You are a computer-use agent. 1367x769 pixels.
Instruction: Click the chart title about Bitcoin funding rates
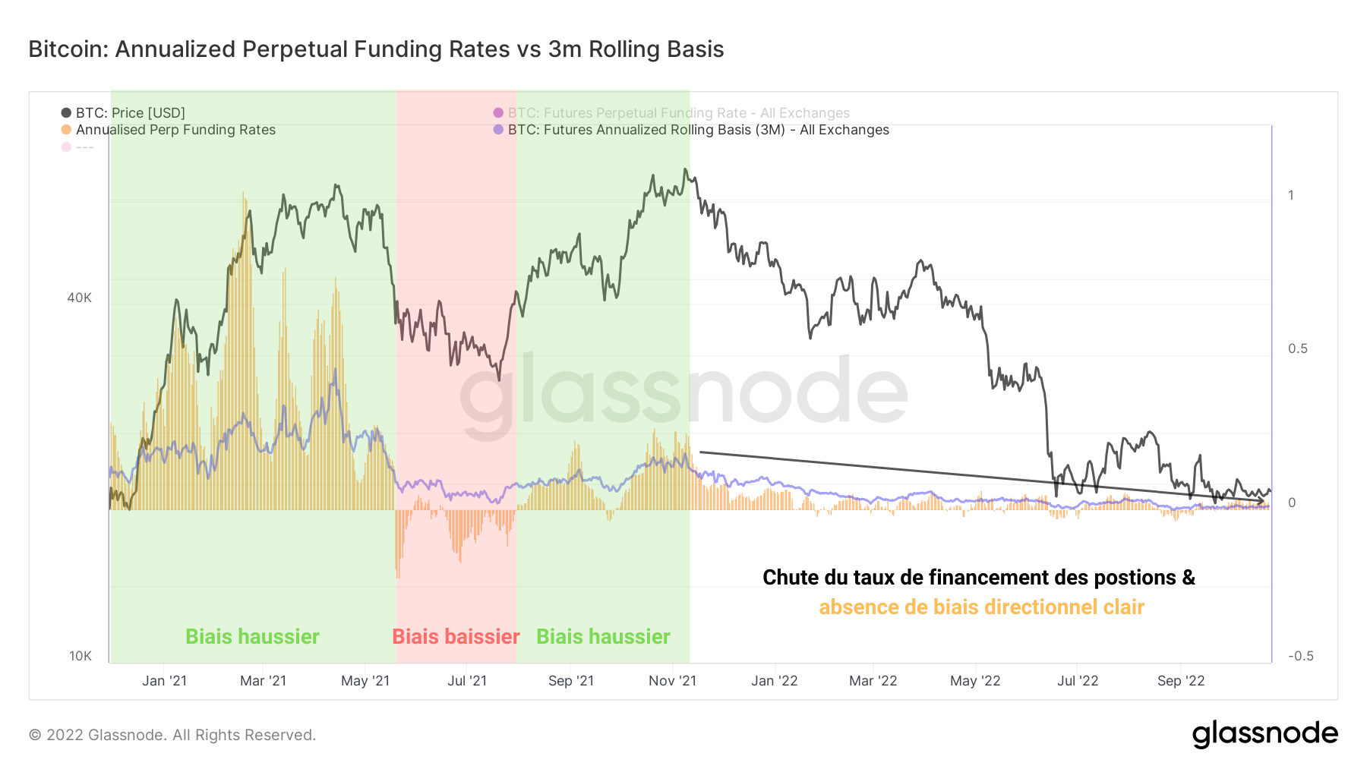(376, 49)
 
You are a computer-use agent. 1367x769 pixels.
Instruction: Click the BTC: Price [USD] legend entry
(130, 113)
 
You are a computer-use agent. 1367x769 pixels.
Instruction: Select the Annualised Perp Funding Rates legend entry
(175, 130)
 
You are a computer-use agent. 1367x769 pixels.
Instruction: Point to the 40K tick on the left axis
(79, 298)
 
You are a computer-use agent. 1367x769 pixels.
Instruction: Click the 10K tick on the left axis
(80, 656)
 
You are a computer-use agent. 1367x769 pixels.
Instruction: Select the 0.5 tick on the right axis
(1297, 348)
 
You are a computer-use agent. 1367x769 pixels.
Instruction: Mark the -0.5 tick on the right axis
(1300, 656)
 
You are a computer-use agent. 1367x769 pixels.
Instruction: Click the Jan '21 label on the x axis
(164, 681)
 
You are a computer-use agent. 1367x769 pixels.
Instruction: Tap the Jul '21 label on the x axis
(467, 681)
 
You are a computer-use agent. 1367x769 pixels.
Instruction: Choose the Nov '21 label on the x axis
(672, 681)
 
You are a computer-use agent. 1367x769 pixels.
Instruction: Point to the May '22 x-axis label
(975, 681)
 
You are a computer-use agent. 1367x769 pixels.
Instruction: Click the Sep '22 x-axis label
(1181, 681)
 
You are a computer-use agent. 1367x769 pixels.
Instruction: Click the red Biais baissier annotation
(456, 636)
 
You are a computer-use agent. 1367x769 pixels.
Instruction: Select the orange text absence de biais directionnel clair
(981, 607)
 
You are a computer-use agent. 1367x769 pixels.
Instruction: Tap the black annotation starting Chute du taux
(978, 578)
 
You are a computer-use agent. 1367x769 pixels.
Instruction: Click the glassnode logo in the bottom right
(1264, 734)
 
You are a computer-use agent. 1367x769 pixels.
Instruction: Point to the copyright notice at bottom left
(172, 735)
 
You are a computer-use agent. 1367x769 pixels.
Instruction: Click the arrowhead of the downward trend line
(1262, 500)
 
